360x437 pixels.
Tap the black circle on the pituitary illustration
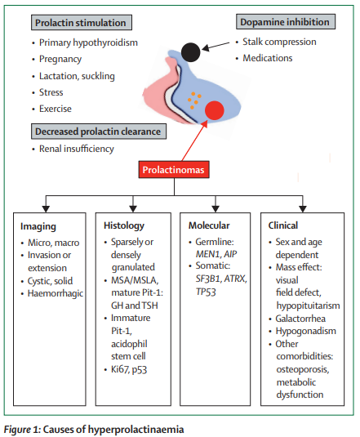point(190,53)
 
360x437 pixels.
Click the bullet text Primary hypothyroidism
point(90,42)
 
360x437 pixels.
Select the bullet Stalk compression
point(281,42)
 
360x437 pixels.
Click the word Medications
point(270,59)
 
